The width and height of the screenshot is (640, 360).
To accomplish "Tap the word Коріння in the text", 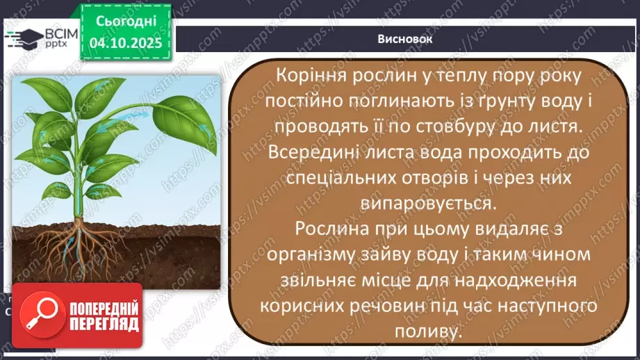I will coord(311,75).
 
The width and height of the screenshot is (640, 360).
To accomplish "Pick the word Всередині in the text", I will coord(315,152).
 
